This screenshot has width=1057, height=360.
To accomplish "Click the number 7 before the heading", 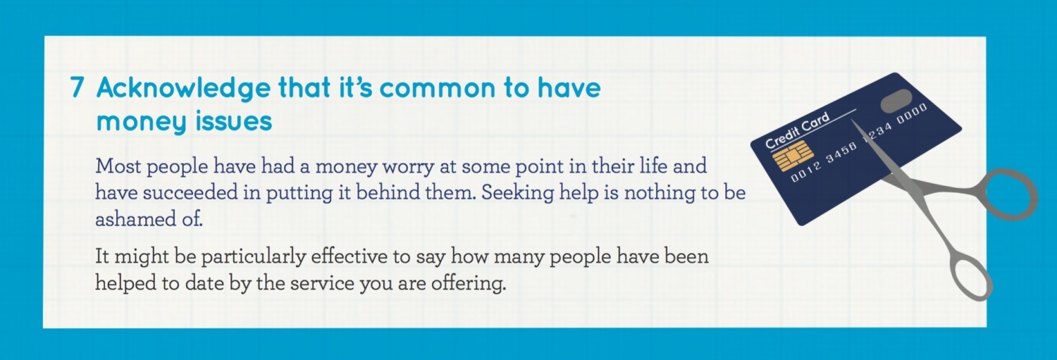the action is (78, 87).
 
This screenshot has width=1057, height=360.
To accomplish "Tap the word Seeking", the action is (517, 194).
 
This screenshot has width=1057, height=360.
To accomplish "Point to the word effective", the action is (350, 256).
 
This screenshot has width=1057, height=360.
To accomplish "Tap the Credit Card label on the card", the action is (796, 130).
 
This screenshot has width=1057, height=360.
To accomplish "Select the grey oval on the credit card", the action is (896, 101).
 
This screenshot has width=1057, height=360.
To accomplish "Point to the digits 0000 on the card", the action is (912, 113).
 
